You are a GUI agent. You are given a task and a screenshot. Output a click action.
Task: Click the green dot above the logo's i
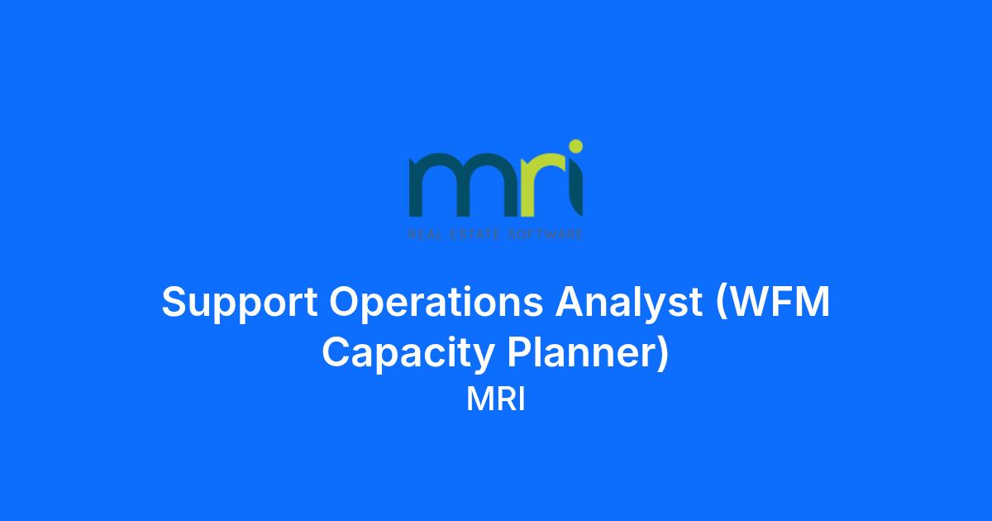(575, 146)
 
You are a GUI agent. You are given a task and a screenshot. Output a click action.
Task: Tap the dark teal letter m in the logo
(464, 185)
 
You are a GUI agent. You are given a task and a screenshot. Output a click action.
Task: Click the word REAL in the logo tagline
(424, 234)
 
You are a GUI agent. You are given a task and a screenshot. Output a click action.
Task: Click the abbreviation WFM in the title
(778, 302)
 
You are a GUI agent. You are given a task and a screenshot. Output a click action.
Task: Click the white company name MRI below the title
(496, 399)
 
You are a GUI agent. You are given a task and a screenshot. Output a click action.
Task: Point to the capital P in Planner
(520, 352)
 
